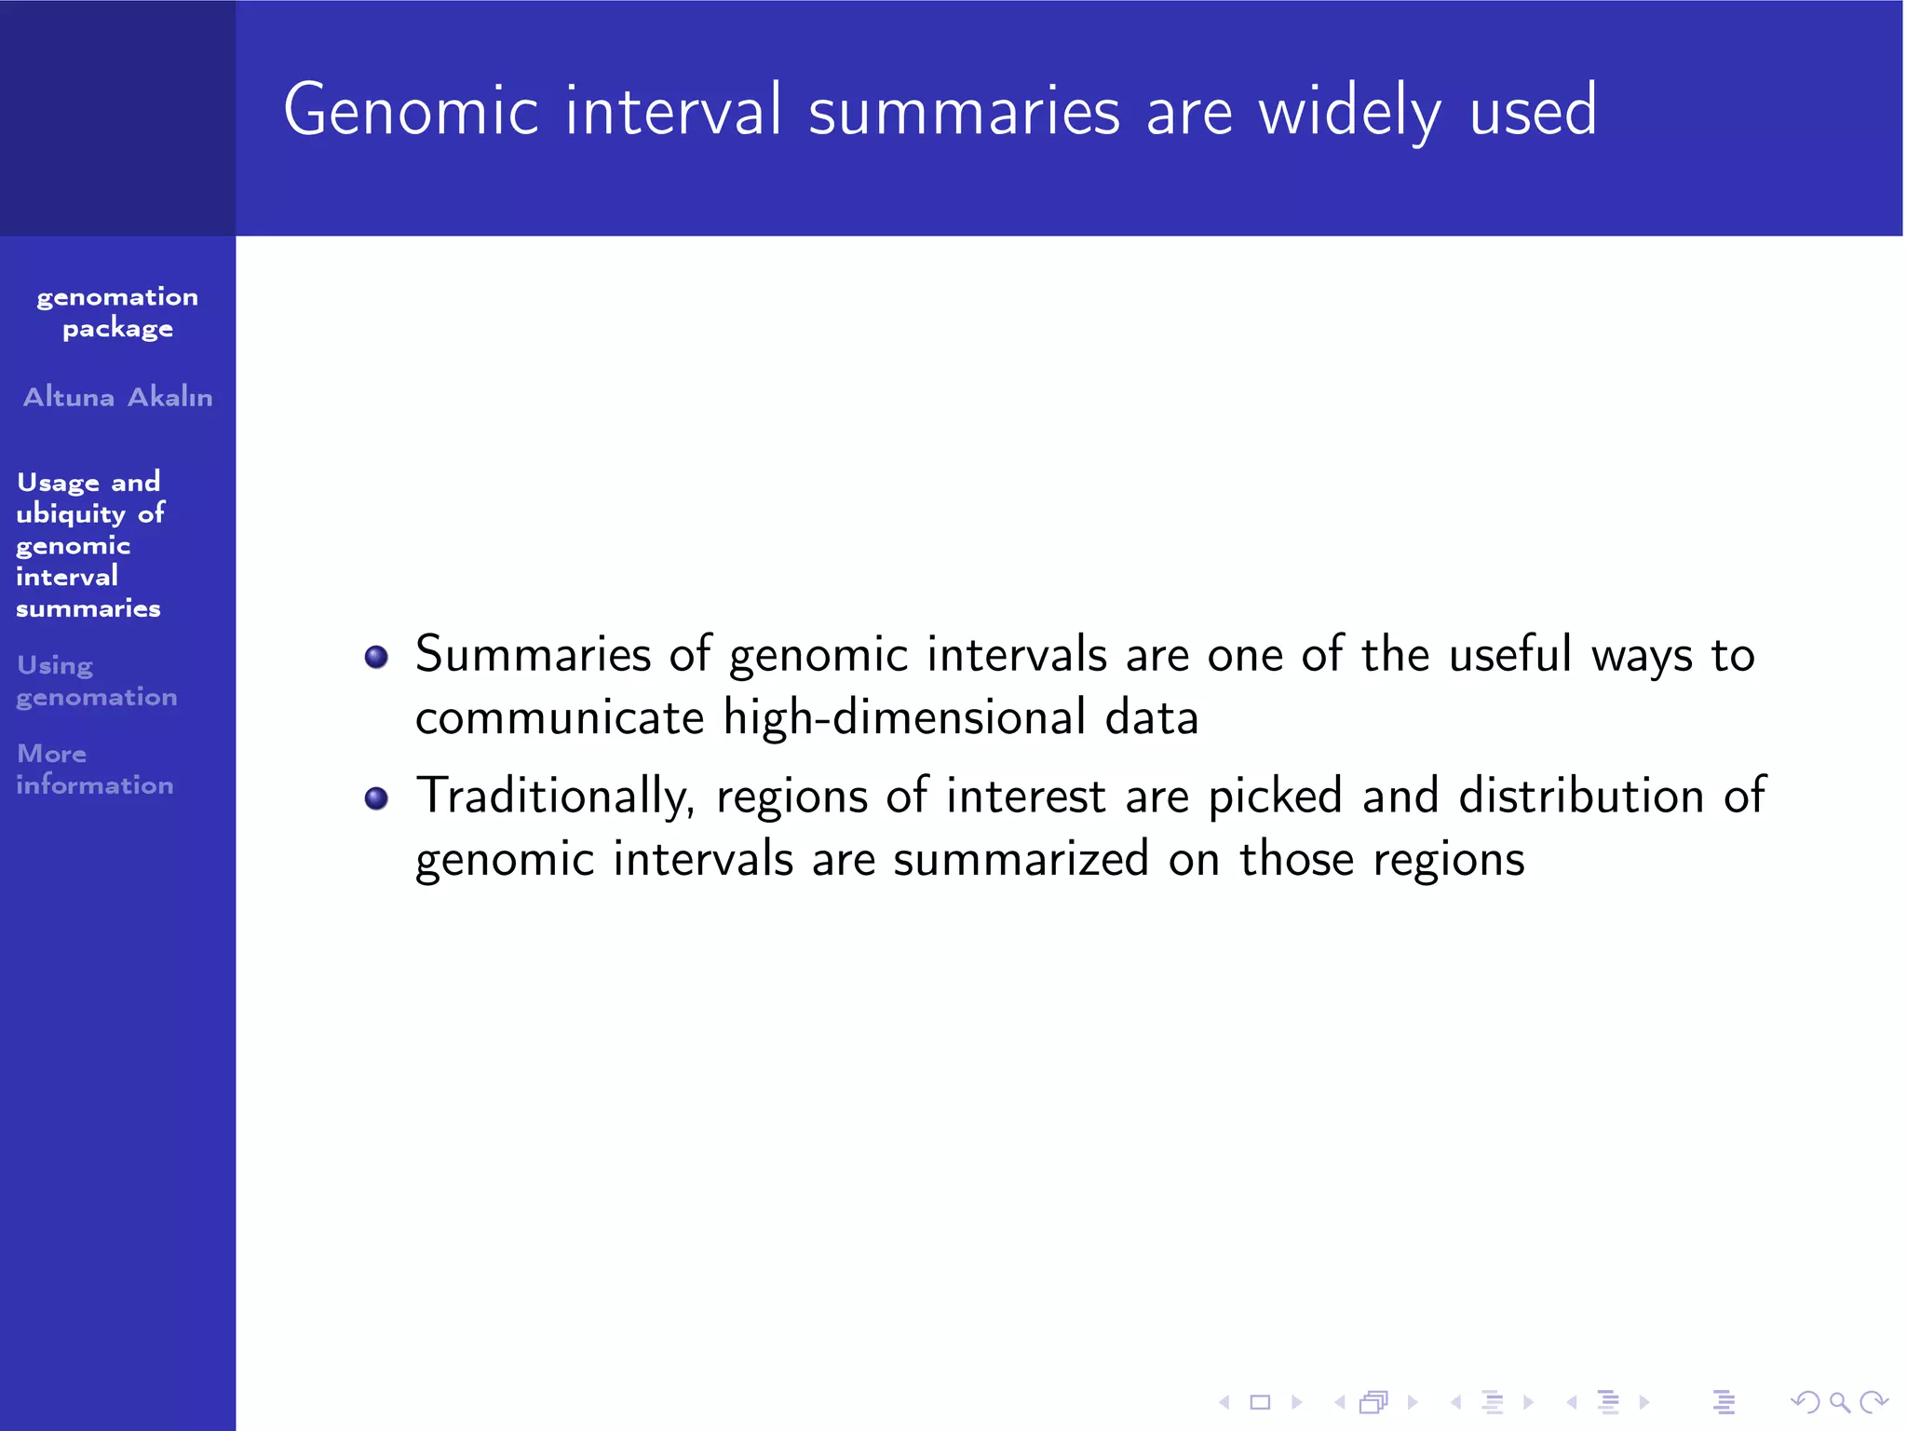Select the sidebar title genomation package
tap(117, 312)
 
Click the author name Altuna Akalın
tap(117, 397)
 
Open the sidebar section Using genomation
tap(96, 681)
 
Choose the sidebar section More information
tap(94, 769)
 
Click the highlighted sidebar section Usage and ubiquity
tap(89, 544)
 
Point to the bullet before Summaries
tap(376, 657)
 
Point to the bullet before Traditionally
tap(376, 798)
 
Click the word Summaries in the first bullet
tap(533, 654)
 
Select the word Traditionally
tap(555, 797)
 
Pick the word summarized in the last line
tap(1021, 859)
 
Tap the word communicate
tap(560, 717)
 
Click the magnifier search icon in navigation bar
tap(1839, 1401)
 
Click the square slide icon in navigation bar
tap(1260, 1401)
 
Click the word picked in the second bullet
tap(1275, 797)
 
